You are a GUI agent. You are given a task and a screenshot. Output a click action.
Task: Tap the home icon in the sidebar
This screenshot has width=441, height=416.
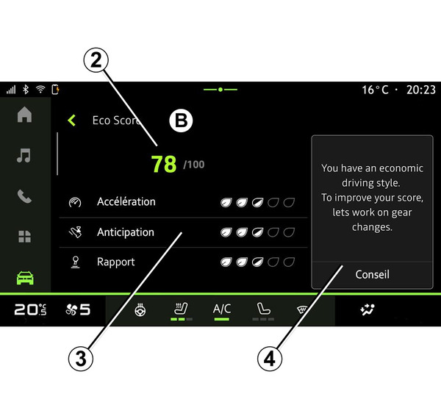pyautogui.click(x=24, y=115)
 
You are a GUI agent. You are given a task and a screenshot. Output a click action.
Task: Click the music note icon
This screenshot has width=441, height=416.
pyautogui.click(x=24, y=155)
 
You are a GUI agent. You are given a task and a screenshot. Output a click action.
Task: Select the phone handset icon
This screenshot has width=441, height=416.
pyautogui.click(x=24, y=196)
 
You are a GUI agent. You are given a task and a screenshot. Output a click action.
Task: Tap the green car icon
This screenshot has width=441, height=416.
pyautogui.click(x=25, y=278)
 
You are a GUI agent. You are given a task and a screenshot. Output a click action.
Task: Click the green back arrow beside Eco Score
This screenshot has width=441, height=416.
pyautogui.click(x=72, y=121)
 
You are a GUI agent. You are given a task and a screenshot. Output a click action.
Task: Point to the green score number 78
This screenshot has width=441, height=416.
pyautogui.click(x=164, y=164)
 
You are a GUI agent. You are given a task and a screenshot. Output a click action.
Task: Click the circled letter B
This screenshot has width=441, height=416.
pyautogui.click(x=181, y=121)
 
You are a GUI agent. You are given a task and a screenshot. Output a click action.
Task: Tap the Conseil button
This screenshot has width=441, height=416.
pyautogui.click(x=372, y=275)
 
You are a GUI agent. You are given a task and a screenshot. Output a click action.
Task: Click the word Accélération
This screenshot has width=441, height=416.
pyautogui.click(x=126, y=201)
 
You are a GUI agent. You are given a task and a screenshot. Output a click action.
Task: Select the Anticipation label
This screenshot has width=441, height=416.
pyautogui.click(x=126, y=232)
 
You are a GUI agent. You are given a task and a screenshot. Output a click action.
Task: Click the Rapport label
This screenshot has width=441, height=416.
pyautogui.click(x=116, y=262)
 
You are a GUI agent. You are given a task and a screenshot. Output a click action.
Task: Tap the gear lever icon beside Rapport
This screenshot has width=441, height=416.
pyautogui.click(x=75, y=262)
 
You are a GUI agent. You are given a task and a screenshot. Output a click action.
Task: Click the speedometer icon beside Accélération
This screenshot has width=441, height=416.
pyautogui.click(x=75, y=202)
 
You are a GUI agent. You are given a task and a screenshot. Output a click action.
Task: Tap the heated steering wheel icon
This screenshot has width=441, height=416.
pyautogui.click(x=140, y=310)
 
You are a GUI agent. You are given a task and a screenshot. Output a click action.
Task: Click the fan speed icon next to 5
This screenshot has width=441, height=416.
pyautogui.click(x=71, y=310)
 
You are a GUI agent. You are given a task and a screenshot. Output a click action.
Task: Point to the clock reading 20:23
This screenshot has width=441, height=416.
pyautogui.click(x=420, y=90)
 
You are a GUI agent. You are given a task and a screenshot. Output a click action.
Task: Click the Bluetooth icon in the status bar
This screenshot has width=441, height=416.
pyautogui.click(x=26, y=90)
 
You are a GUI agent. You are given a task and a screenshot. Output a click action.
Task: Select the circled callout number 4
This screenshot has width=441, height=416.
pyautogui.click(x=270, y=359)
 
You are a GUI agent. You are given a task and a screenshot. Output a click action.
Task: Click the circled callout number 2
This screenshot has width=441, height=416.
pyautogui.click(x=96, y=60)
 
